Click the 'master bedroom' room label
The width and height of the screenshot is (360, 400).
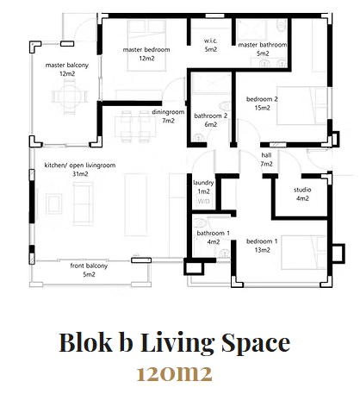pos(146,50)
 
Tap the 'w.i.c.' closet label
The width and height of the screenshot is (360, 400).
pos(210,41)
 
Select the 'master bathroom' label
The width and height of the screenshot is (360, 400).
pos(263,45)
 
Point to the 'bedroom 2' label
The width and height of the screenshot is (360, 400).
pos(262,99)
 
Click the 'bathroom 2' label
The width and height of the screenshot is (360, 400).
pos(211,116)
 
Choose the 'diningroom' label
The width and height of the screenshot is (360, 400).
pos(168,112)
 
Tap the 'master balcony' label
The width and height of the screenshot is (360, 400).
pos(67,66)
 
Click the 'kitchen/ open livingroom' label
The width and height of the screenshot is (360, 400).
pos(80,166)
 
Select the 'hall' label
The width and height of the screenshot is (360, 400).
pos(266,155)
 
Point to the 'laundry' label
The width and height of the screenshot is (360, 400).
pos(203,183)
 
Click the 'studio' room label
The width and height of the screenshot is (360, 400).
pos(302,190)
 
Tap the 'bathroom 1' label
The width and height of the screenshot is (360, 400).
pos(214,233)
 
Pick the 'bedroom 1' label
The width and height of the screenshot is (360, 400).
pos(262,241)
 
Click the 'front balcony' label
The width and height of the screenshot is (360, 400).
pos(89,266)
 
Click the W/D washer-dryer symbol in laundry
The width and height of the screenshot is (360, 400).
pos(203,201)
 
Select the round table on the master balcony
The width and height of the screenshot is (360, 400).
pos(69,97)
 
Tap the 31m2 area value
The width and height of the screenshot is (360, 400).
pos(80,174)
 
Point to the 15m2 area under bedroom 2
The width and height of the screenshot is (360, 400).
pos(262,108)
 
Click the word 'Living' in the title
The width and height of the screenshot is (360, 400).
pos(177,342)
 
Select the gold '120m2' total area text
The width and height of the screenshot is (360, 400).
pos(174,374)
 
